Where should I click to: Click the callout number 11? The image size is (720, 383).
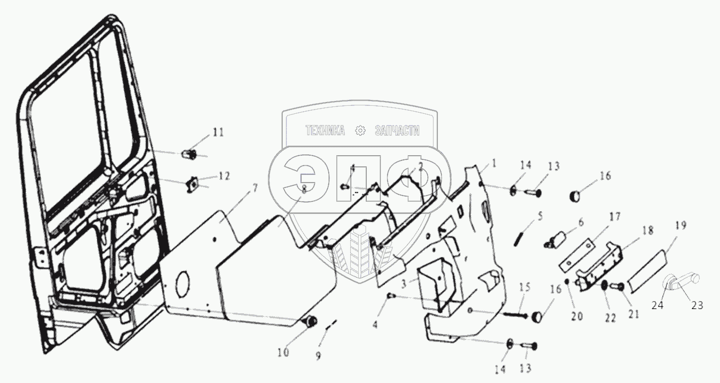pos(218,132)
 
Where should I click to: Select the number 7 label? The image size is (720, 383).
pos(255,188)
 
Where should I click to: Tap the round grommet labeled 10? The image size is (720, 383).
pos(310,321)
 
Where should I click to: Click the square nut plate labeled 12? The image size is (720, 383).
pos(193,186)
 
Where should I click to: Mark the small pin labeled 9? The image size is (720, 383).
pos(330,325)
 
